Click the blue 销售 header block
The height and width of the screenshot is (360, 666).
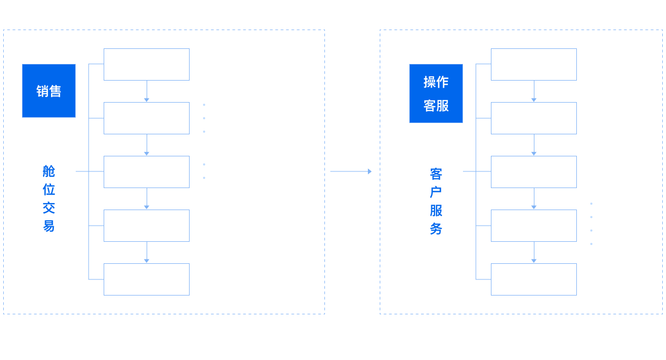[49, 91]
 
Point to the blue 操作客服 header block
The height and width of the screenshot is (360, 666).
[436, 93]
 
